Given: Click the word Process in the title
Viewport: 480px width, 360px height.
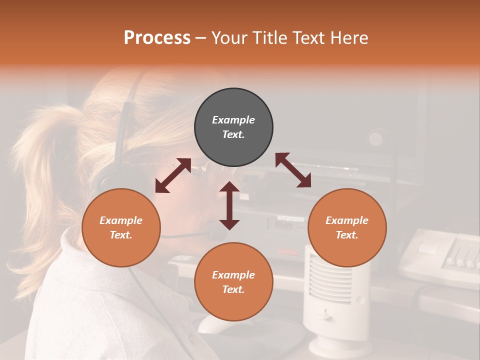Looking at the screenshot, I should point(157,38).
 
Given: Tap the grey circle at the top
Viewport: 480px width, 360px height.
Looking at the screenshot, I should point(233,127).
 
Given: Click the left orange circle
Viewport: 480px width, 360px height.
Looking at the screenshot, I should point(121,227).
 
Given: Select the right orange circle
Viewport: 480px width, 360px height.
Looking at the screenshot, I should point(347,227).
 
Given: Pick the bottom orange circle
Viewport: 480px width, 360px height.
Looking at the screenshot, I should point(233,281).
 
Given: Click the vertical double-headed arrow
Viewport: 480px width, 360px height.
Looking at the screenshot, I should point(229,205).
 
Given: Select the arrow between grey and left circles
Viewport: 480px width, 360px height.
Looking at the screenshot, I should point(173,175).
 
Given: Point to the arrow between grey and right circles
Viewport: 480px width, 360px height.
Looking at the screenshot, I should point(293,170).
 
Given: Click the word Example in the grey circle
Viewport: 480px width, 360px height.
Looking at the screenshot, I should point(233,120).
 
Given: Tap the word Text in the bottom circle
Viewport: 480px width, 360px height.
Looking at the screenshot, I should point(232,289).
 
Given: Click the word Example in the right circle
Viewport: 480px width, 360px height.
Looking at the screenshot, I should point(347,220).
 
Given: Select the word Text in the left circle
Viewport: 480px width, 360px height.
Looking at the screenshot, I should point(120,235).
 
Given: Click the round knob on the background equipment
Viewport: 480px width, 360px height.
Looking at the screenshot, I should point(376,138).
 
